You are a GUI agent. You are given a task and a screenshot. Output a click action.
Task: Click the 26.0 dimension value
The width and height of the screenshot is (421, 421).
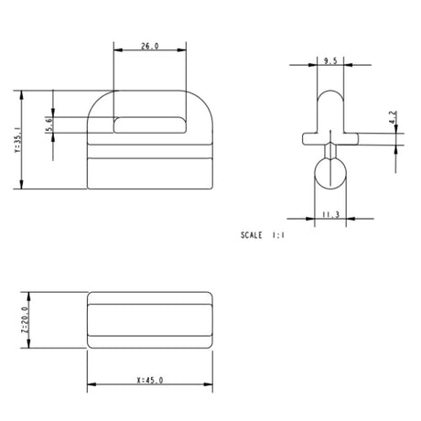pos(149,46)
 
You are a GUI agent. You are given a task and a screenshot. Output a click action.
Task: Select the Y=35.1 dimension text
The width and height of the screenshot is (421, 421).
pos(17,140)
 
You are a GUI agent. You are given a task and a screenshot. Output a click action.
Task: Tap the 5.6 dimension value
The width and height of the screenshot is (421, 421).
pos(49,124)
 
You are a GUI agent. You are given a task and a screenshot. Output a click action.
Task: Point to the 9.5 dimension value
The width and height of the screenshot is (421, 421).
pos(330,61)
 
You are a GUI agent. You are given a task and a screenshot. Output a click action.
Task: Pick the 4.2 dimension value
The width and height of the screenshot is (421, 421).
pos(394,117)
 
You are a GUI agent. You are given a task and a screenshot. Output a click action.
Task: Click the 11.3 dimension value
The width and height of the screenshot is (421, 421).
pos(330,215)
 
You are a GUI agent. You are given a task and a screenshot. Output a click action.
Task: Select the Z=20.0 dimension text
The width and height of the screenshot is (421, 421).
pos(25,320)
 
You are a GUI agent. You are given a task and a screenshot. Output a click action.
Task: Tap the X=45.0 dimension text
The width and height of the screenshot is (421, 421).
pos(150,380)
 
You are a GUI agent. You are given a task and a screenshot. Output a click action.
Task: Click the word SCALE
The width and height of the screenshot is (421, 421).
pos(252,235)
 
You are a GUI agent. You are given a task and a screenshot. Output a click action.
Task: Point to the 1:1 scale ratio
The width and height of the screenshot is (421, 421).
pos(278,235)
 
